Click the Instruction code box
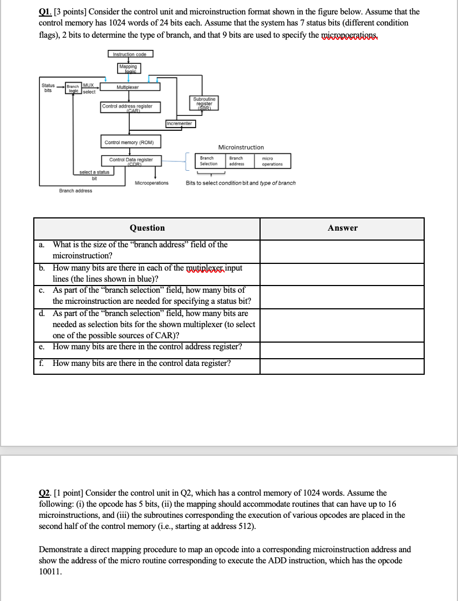(130, 54)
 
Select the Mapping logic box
(129, 68)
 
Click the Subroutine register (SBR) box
(204, 103)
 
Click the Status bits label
(48, 88)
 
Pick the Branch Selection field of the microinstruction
(208, 161)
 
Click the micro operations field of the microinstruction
(272, 161)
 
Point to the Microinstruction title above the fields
(241, 147)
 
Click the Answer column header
(342, 228)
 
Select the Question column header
(147, 228)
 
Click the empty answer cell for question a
(342, 251)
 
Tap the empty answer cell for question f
(342, 366)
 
